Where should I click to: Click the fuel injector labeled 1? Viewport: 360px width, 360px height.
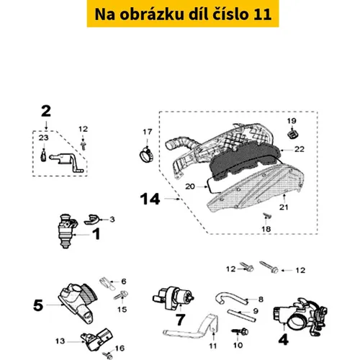click(67, 231)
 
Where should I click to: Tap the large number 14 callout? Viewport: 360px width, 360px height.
click(150, 199)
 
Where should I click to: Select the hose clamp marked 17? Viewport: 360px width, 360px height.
click(146, 155)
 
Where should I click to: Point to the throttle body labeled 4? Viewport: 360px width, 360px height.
click(300, 316)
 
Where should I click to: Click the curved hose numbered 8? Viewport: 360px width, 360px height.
click(231, 298)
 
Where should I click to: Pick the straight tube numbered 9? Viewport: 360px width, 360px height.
click(242, 315)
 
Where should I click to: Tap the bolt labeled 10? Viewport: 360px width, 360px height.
click(240, 332)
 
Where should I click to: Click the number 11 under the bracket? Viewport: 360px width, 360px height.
click(213, 346)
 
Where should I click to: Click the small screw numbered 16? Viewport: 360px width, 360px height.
click(108, 355)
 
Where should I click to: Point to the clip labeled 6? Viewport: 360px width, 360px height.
click(107, 284)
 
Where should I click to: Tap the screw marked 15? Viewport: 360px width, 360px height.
click(121, 295)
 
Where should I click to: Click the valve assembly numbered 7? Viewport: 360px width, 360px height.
click(173, 297)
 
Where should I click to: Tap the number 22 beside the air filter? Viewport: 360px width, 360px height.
click(300, 149)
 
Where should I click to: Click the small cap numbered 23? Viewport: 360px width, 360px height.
click(43, 156)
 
